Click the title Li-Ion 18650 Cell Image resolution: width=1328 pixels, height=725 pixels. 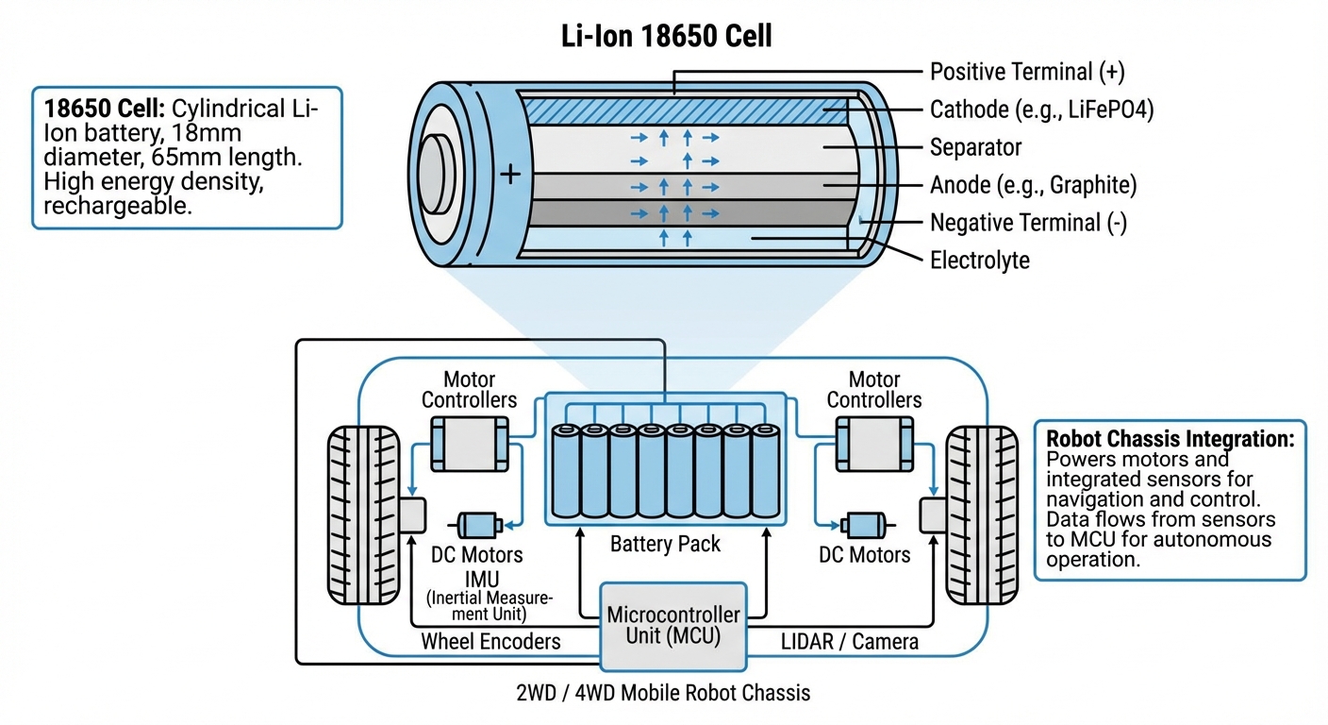(x=663, y=36)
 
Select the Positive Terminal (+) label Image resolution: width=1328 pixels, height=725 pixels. (x=1026, y=72)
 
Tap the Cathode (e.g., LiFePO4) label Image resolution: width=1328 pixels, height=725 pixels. (x=1041, y=110)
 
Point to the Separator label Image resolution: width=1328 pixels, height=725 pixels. (x=975, y=147)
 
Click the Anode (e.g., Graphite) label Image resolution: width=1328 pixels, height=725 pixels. (x=1033, y=185)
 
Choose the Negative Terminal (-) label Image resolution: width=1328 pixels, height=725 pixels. (x=1028, y=223)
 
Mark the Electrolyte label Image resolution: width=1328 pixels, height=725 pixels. (x=980, y=260)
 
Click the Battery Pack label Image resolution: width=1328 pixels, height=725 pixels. (x=665, y=544)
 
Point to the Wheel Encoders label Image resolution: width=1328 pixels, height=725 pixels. (x=490, y=642)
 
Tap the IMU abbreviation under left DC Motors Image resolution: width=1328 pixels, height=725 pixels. (x=476, y=578)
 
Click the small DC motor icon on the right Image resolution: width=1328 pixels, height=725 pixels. (x=861, y=525)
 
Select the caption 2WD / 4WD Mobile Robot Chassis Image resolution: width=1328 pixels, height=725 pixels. (x=663, y=693)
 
